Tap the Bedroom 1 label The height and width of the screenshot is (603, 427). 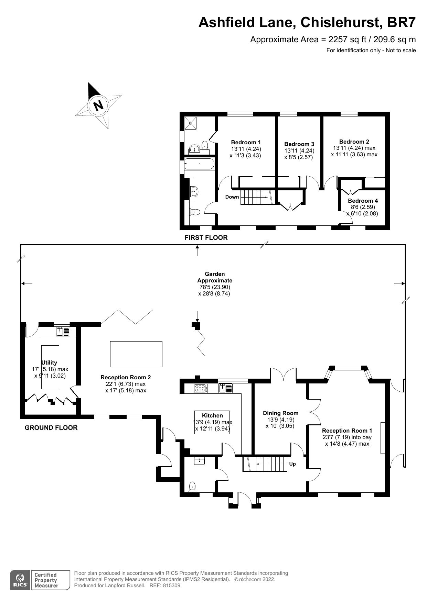pyautogui.click(x=246, y=142)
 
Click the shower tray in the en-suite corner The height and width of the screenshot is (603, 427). pyautogui.click(x=191, y=123)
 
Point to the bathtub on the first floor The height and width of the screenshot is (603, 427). pyautogui.click(x=199, y=164)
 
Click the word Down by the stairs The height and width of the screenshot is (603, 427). pyautogui.click(x=232, y=197)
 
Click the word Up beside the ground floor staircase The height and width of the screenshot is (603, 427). pyautogui.click(x=292, y=464)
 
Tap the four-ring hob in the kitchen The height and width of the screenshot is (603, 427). pyautogui.click(x=201, y=388)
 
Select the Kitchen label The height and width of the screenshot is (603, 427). pyautogui.click(x=212, y=415)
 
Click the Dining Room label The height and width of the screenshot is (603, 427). pyautogui.click(x=280, y=413)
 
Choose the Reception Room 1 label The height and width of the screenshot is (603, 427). pyautogui.click(x=347, y=431)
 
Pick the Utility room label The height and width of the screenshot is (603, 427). pyautogui.click(x=49, y=362)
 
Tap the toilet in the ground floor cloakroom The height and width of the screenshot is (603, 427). pyautogui.click(x=193, y=487)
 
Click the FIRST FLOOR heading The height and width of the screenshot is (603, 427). pyautogui.click(x=206, y=237)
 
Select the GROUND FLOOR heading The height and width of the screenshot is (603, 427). pyautogui.click(x=51, y=427)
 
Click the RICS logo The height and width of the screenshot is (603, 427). pyautogui.click(x=20, y=580)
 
